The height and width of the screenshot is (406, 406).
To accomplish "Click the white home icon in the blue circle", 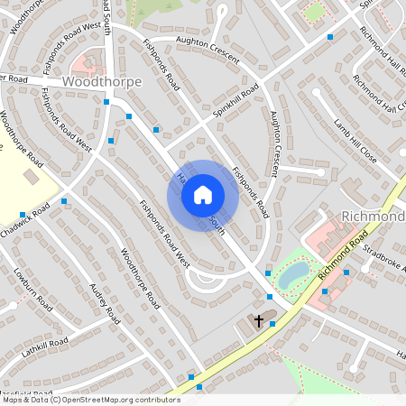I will click(203, 195).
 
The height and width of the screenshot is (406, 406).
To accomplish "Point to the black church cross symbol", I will click(259, 320).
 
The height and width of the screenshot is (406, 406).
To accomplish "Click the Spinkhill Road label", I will click(236, 104).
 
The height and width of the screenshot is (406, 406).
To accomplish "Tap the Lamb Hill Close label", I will click(355, 139).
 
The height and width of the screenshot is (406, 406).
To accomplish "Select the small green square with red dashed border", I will click(315, 13).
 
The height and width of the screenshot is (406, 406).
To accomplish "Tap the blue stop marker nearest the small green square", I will click(330, 37).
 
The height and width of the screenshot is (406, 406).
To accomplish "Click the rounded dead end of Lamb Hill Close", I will click(316, 91).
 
